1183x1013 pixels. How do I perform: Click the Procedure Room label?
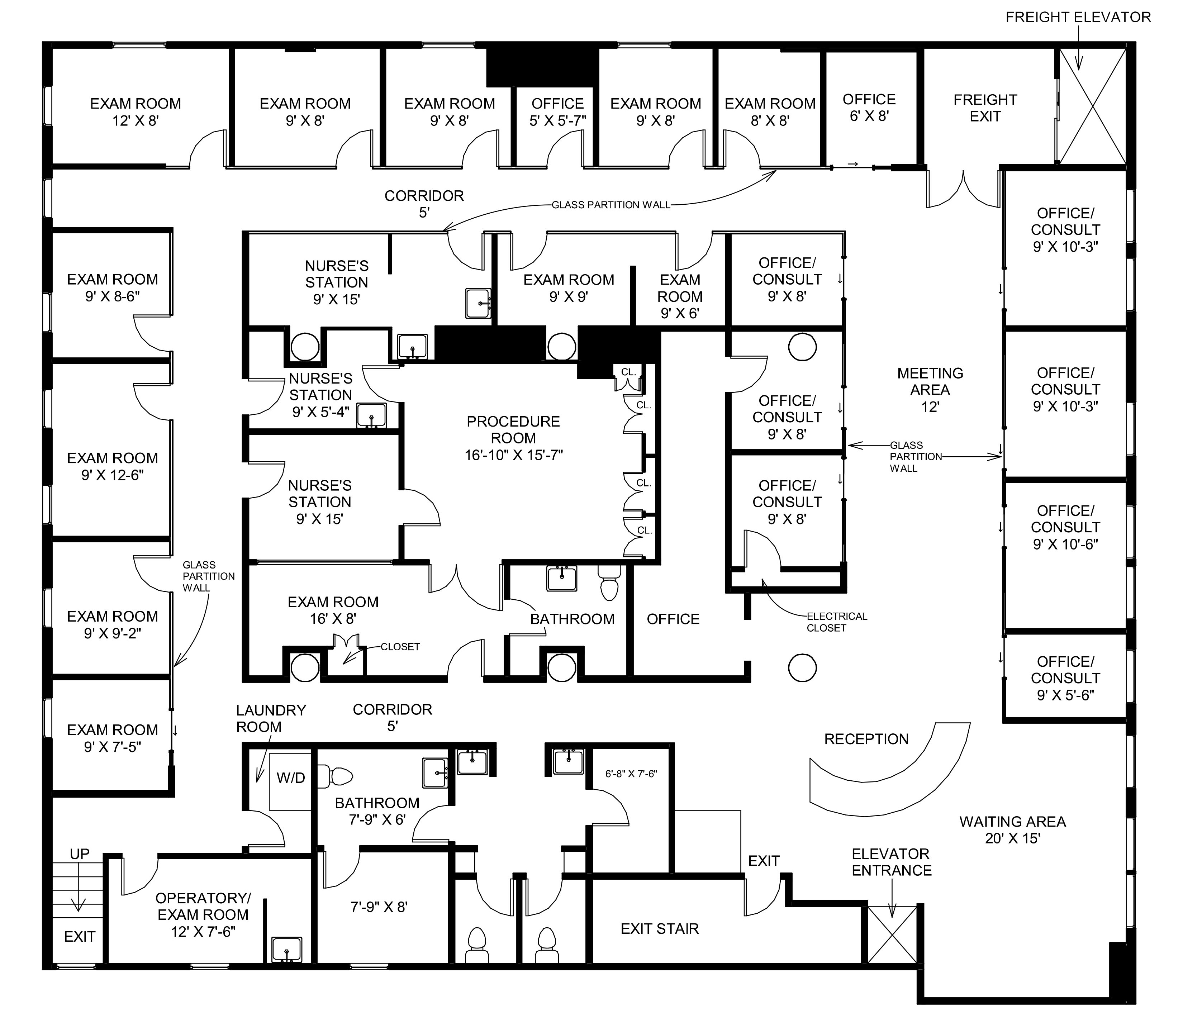pos(513,438)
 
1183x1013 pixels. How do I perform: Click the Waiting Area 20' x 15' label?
pos(1012,830)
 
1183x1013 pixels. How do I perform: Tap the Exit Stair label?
pos(660,928)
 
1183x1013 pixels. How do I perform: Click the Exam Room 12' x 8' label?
pos(135,112)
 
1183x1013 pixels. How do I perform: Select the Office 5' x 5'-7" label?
pos(558,112)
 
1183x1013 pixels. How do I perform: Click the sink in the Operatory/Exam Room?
pos(287,950)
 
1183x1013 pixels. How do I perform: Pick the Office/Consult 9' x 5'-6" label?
pos(1065,678)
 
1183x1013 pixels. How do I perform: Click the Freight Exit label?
pos(985,108)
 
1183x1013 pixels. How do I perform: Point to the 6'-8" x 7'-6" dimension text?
pos(631,774)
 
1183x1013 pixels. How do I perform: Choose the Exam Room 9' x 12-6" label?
pos(113,466)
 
